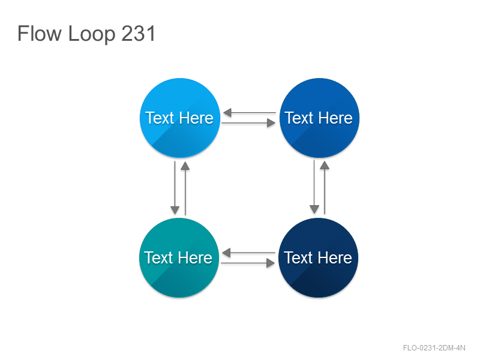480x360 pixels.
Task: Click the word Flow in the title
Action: click(x=40, y=33)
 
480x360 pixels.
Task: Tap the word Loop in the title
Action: click(x=92, y=34)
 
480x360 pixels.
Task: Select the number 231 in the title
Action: click(x=139, y=33)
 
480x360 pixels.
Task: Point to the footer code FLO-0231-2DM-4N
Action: click(x=434, y=348)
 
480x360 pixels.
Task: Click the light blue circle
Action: click(x=180, y=118)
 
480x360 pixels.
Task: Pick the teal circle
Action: click(x=179, y=258)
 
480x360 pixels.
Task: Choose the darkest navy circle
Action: click(x=319, y=258)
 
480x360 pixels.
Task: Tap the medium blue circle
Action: click(x=319, y=118)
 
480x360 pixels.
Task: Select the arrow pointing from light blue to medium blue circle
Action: click(x=248, y=123)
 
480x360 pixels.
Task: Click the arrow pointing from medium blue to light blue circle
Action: click(x=250, y=113)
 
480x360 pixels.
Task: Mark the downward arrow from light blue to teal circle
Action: click(x=175, y=188)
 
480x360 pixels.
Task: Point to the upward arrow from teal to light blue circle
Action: click(x=185, y=188)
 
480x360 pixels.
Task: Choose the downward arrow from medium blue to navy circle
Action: click(x=314, y=187)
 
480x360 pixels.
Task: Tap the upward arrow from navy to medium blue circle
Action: click(x=325, y=188)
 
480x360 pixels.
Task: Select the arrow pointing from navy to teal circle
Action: click(x=248, y=253)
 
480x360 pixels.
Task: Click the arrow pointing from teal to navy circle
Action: click(x=248, y=263)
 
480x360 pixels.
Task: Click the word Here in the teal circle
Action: click(x=196, y=258)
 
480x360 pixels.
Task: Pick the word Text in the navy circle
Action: click(x=298, y=258)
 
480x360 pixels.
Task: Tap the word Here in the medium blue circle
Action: click(x=336, y=118)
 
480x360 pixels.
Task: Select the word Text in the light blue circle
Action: click(x=160, y=118)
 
